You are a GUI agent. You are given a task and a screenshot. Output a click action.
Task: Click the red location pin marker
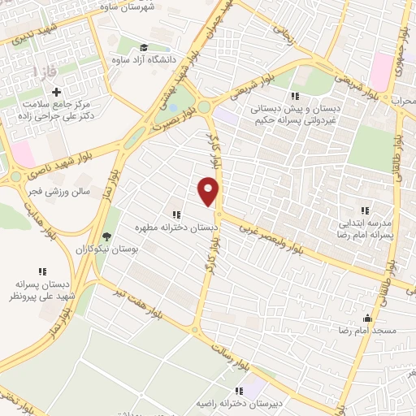(x=209, y=190)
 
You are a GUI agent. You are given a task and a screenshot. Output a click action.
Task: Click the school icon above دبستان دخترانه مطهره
(x=175, y=215)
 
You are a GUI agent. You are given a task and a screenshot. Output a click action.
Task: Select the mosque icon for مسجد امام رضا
(x=367, y=318)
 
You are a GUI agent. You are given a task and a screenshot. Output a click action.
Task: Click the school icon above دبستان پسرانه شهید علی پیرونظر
(x=41, y=271)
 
